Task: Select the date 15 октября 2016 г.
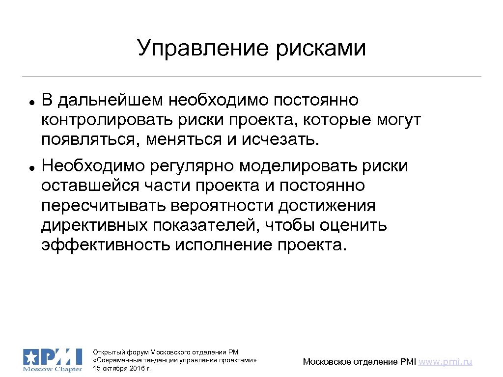121,368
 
